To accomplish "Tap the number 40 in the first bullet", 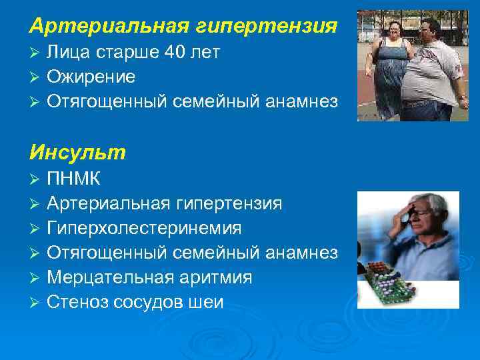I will (x=175, y=53).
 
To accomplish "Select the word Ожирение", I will (x=91, y=77).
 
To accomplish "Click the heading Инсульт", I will (x=77, y=153).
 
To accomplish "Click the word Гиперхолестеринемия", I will (x=144, y=228).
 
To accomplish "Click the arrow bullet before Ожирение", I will (x=35, y=77).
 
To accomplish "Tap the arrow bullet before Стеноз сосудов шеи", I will (x=35, y=303).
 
